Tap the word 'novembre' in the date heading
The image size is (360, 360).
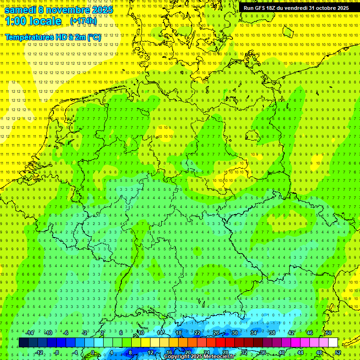pos(67,10)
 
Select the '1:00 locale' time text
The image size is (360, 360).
pos(33,21)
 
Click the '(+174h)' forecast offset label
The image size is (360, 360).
pos(83,21)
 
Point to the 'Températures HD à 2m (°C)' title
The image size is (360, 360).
pos(53,37)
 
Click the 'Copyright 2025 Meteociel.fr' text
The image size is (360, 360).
pos(199,357)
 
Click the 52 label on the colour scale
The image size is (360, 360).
pos(338,352)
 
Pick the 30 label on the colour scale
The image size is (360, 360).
pos(234,333)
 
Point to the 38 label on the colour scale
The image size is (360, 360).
pos(272,333)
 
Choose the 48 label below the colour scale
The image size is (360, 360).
pos(319,352)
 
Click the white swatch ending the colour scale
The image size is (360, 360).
pos(332,343)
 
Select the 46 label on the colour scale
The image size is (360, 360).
pos(309,333)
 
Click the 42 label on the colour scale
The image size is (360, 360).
pos(291,333)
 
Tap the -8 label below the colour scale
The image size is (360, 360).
pos(57,352)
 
